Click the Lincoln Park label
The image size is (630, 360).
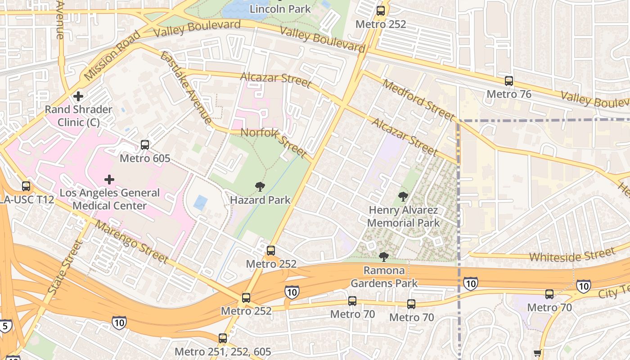280,9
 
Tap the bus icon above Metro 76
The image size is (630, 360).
509,81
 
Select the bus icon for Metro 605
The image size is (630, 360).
145,145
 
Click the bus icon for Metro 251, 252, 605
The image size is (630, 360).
223,338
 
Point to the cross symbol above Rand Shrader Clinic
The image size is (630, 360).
78,96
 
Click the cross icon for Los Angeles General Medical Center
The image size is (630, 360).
109,180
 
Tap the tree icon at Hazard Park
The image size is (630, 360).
260,187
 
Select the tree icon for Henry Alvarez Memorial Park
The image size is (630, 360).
403,197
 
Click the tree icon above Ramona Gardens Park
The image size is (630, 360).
384,257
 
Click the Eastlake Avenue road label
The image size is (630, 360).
185,88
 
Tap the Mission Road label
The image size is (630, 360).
112,55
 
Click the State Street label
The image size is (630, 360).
65,267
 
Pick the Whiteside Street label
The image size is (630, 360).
571,255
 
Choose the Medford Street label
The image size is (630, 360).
417,100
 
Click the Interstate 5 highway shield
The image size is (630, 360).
5,326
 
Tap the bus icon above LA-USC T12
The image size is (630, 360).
26,186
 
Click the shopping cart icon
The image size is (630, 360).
537,354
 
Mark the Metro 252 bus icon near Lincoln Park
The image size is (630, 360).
381,11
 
